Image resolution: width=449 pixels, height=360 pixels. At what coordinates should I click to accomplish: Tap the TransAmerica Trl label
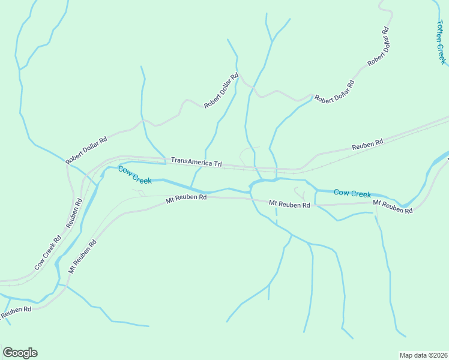196,162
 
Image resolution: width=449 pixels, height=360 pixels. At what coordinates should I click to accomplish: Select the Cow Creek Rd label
48,252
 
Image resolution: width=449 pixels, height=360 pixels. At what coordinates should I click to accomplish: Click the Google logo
20,353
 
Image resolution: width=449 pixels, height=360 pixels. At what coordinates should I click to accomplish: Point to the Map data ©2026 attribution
423,355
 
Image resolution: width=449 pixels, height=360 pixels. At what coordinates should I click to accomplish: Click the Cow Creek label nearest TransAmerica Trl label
134,175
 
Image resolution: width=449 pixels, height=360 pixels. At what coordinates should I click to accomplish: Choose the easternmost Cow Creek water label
352,193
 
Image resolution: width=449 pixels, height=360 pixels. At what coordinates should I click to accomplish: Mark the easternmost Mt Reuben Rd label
393,207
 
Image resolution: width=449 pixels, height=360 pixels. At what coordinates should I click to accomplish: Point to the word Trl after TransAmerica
215,164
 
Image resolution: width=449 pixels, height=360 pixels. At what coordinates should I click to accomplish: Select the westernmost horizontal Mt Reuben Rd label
186,197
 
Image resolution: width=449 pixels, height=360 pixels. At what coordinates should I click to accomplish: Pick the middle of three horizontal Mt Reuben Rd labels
289,204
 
